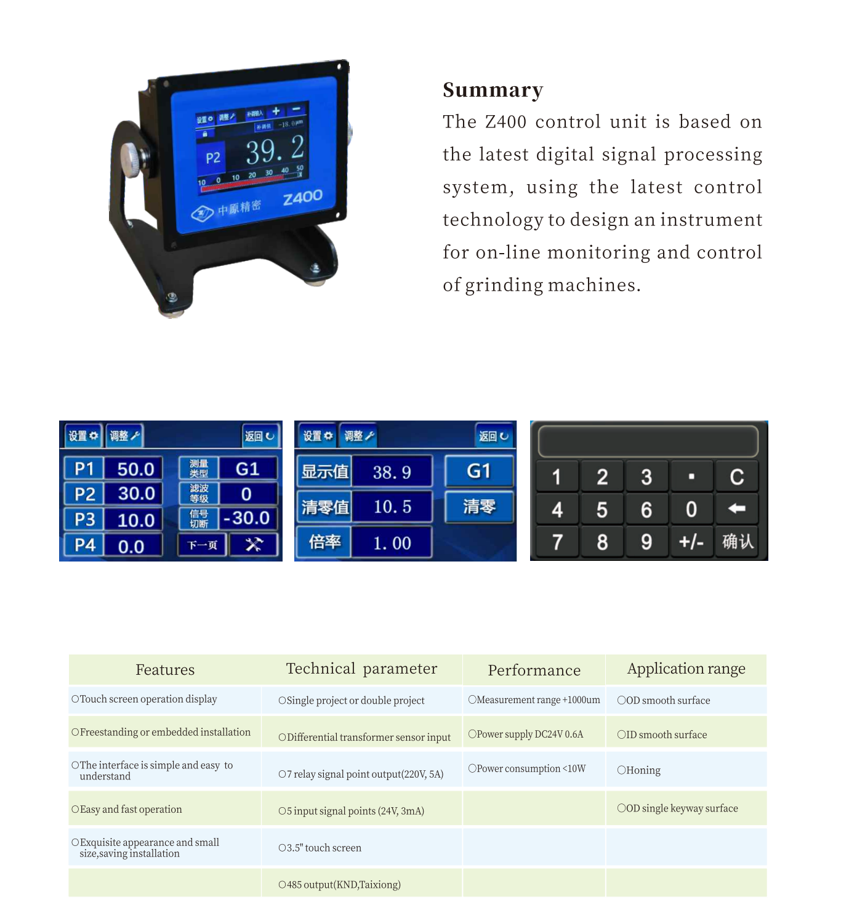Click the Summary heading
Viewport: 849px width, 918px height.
tap(493, 90)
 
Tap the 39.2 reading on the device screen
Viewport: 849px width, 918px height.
tap(275, 150)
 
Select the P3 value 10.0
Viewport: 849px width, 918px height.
tap(135, 520)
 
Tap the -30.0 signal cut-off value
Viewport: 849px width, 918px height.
tap(247, 518)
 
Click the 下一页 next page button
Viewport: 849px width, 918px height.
tap(203, 545)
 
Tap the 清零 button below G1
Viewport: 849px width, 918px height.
tap(479, 507)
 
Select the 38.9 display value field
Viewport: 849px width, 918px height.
tap(392, 472)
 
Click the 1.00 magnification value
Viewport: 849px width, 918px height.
tap(392, 543)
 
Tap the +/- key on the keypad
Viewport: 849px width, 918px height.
tap(691, 542)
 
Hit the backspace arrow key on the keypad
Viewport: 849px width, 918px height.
tap(736, 509)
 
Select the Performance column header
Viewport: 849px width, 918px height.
tap(534, 670)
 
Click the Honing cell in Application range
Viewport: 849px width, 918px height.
tap(643, 770)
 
